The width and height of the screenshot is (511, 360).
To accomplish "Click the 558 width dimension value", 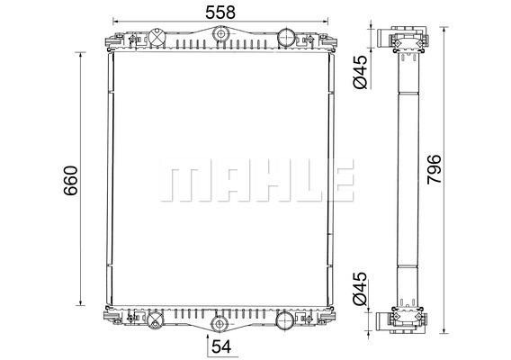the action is click(220, 12).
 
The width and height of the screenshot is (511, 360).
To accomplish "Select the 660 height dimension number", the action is click(71, 181).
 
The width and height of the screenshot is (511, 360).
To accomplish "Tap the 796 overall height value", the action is click(435, 169).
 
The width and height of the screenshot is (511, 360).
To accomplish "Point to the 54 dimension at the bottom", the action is click(221, 346).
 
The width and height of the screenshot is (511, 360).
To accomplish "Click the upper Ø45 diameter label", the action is click(361, 72).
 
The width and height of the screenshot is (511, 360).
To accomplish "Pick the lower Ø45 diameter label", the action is click(361, 288).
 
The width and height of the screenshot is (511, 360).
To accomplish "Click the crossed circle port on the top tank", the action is click(157, 37).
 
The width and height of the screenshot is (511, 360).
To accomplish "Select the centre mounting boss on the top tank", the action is click(220, 33).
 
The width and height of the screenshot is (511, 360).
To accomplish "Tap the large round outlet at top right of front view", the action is click(286, 38).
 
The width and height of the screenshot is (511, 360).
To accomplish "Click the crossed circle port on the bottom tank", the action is click(155, 319).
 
